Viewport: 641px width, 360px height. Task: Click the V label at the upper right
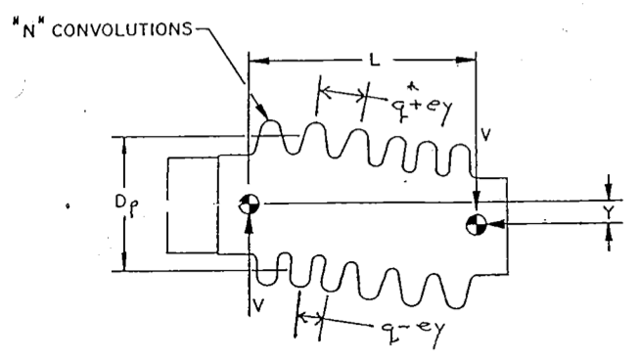coord(485,130)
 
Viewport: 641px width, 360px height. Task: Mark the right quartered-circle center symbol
coord(477,225)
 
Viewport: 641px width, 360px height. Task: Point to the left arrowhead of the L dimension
coord(256,61)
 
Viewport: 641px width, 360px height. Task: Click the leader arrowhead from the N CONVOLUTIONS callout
coord(261,116)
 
